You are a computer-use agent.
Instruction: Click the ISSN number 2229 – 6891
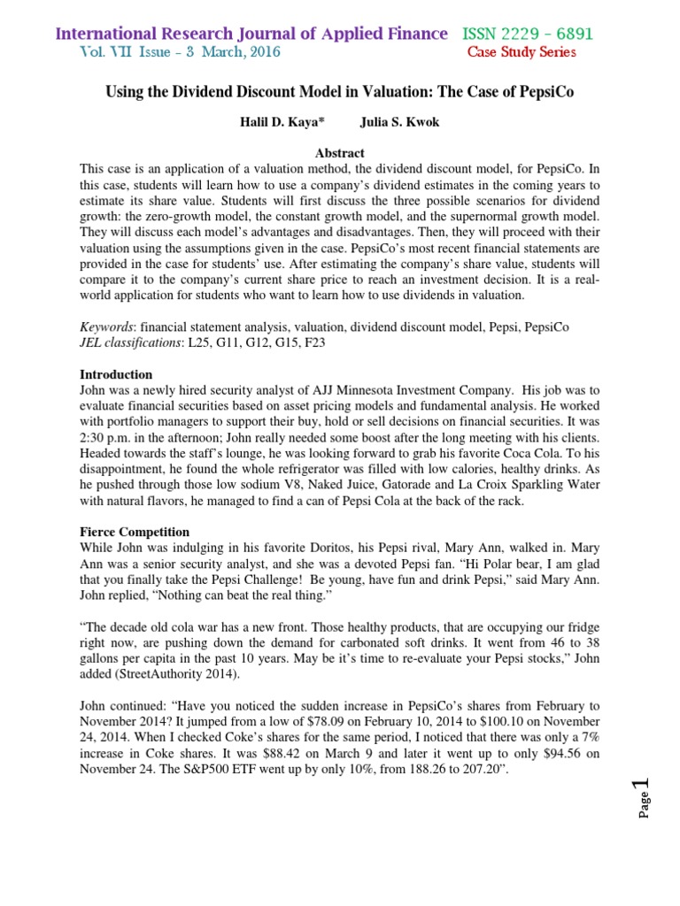(x=545, y=34)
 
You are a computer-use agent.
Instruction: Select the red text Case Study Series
(x=522, y=52)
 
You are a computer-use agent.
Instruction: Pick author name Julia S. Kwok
(x=400, y=123)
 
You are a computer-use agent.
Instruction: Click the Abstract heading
(x=340, y=153)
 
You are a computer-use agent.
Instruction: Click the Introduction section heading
(x=116, y=374)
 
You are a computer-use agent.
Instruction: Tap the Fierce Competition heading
(x=135, y=532)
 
